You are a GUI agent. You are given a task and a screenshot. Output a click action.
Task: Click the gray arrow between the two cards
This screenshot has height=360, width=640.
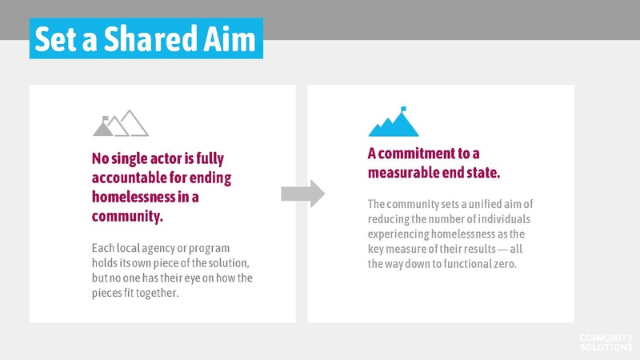[x=303, y=193]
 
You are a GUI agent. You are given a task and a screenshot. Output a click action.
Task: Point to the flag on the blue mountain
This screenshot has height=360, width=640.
[x=404, y=110]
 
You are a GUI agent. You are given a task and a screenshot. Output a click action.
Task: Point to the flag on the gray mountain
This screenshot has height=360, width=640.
[x=106, y=118]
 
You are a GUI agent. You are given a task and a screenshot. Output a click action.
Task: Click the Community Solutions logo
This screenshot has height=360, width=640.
[x=606, y=342]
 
